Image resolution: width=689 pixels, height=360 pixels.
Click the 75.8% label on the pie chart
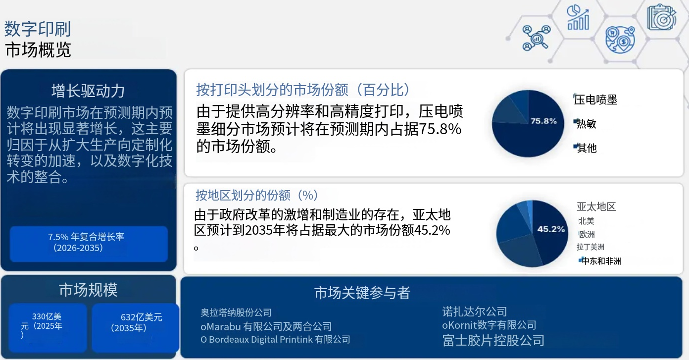tap(543, 121)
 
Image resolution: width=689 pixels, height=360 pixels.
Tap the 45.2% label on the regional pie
tap(551, 229)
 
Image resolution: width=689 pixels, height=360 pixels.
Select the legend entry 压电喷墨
tap(595, 100)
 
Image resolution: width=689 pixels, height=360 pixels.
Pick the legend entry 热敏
tap(586, 124)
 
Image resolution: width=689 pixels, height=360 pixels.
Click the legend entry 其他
tap(586, 148)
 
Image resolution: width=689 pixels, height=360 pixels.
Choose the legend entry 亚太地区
tap(596, 207)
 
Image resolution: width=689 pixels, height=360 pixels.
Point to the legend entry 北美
tap(586, 221)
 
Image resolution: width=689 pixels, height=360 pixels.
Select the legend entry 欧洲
tap(587, 234)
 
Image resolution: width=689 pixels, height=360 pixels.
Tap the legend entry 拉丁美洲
tap(591, 247)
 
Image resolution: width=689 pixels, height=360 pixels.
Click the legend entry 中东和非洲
tap(600, 261)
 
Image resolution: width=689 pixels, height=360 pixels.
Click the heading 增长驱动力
tap(88, 91)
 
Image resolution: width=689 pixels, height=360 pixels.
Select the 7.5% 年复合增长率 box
tap(89, 244)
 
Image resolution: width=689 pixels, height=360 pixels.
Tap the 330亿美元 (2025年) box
tap(48, 327)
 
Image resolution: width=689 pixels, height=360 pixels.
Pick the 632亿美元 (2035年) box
tap(135, 327)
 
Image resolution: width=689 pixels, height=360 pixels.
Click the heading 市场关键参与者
tap(362, 293)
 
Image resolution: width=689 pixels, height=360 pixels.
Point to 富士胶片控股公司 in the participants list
tap(493, 341)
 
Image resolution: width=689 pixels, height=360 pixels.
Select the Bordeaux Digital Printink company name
tap(275, 339)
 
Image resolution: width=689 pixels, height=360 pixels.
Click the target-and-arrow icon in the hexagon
tap(661, 17)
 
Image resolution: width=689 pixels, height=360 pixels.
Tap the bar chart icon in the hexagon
tap(578, 18)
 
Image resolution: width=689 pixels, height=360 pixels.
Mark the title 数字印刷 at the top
tap(38, 29)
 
